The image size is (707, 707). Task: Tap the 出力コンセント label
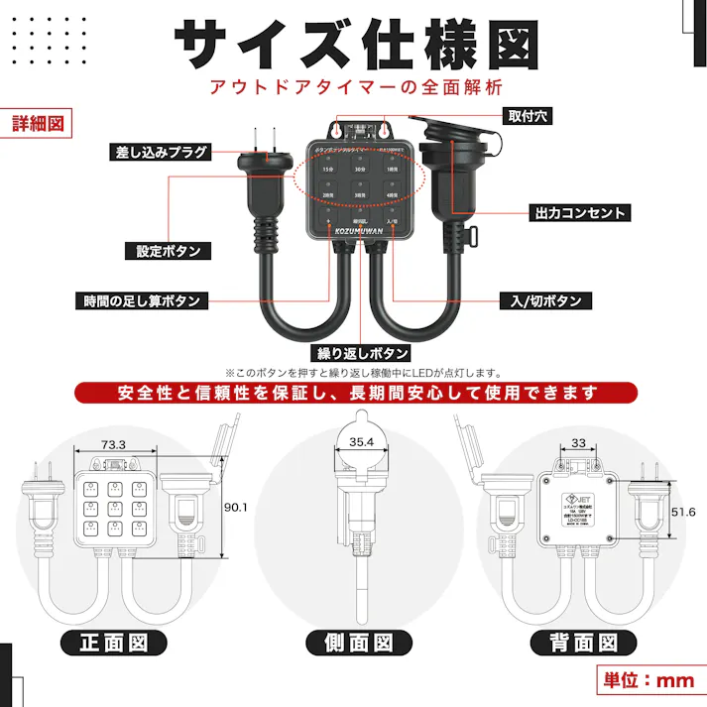coord(580,212)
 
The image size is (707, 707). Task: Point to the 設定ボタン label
coord(168,252)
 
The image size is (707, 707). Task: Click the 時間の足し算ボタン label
coord(140,300)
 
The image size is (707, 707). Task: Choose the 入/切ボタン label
coord(546,300)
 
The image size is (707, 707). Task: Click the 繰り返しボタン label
coord(361,353)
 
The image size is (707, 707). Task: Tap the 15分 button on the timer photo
coord(328,171)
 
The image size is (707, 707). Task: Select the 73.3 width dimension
coord(114,444)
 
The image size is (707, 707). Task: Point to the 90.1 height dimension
coord(236,507)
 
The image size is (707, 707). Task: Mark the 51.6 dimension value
coord(684,512)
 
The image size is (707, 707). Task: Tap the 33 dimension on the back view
coord(579,443)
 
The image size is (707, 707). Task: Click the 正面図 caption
coord(114,642)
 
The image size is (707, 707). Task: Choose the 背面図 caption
coord(582,642)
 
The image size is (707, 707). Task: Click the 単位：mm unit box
coord(650,680)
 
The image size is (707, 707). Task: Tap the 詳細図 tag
coord(38,124)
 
